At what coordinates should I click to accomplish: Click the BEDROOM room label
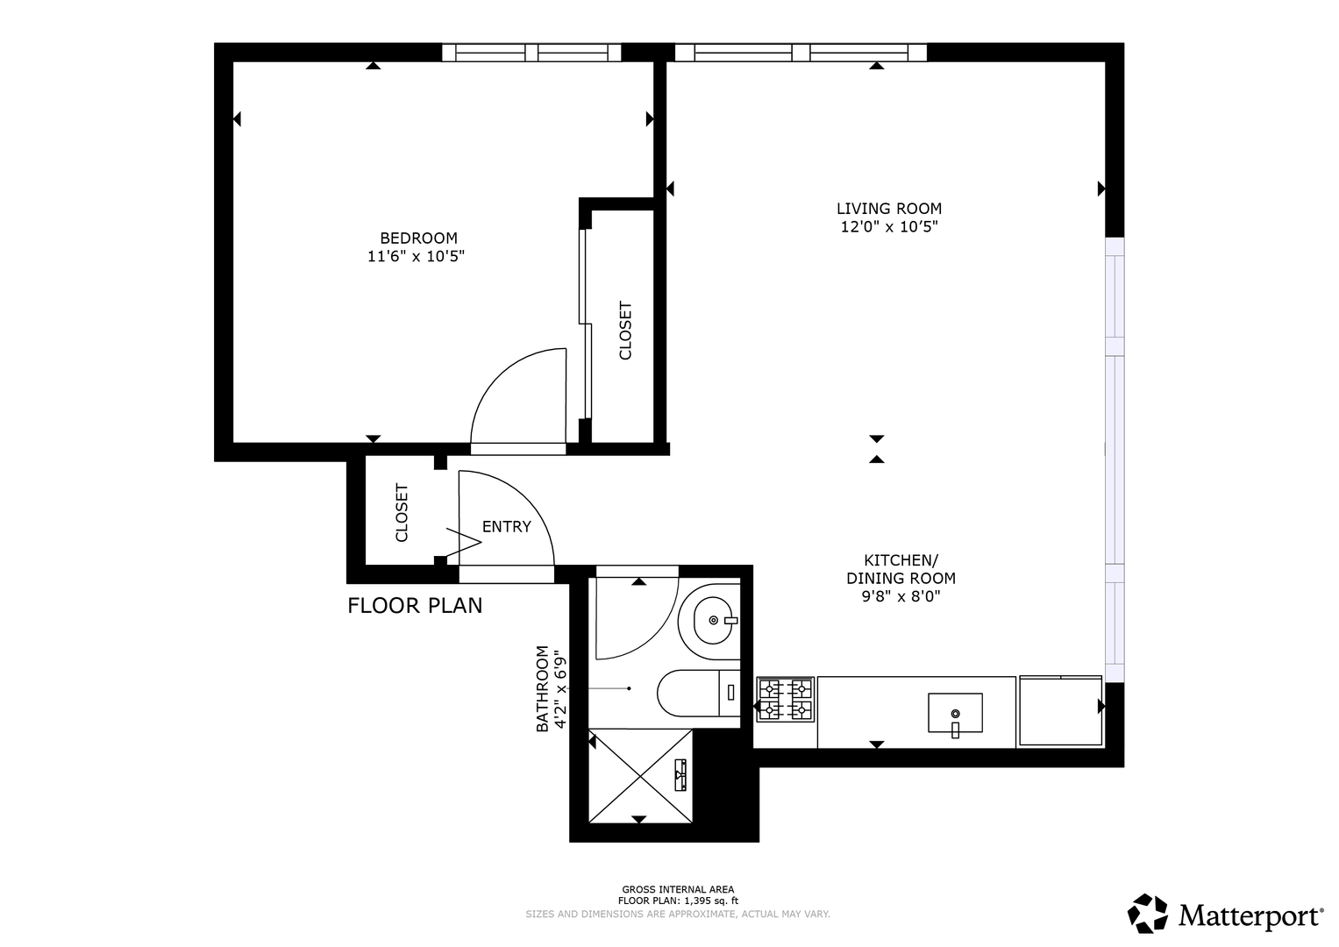(418, 238)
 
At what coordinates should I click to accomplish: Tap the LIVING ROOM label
(889, 209)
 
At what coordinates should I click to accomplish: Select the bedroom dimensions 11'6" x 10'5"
(416, 256)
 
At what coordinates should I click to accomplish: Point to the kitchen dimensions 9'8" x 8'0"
(901, 596)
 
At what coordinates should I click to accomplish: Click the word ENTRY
(507, 527)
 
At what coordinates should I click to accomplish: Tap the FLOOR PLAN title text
(415, 606)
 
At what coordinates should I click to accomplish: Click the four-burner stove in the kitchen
(786, 700)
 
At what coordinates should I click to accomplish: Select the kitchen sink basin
(955, 713)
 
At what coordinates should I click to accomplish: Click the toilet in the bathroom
(699, 693)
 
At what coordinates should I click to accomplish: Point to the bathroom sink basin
(714, 621)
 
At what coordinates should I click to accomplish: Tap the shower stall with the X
(640, 776)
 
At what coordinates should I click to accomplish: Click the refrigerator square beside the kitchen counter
(1060, 711)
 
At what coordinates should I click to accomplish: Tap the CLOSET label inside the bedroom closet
(625, 331)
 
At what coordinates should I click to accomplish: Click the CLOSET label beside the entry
(402, 513)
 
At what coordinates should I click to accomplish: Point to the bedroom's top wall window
(531, 53)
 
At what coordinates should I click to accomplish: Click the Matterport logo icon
(1148, 914)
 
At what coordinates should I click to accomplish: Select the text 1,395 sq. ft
(711, 901)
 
